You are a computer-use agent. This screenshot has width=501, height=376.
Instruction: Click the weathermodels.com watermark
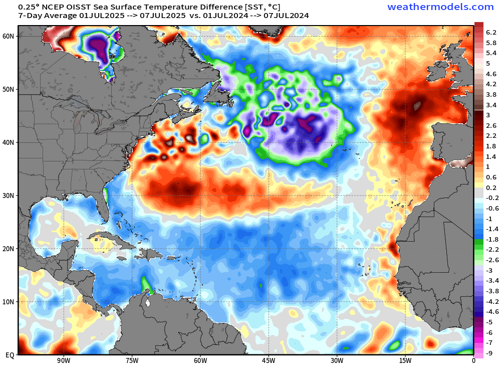[440, 7]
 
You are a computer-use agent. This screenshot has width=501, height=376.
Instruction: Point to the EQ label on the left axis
[10, 355]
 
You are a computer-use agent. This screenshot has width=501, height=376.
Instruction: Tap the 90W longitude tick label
[63, 360]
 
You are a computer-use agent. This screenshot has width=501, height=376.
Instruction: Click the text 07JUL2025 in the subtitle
[162, 16]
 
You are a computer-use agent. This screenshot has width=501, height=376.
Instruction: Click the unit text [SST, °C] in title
[259, 7]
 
